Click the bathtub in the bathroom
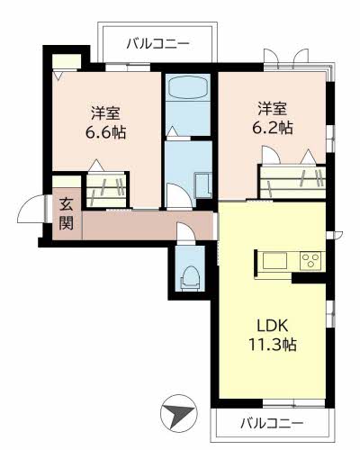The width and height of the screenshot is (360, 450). [188, 86]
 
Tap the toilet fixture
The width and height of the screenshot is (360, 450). [190, 278]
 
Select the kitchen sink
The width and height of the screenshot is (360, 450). [274, 261]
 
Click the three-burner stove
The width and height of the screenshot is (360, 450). [311, 260]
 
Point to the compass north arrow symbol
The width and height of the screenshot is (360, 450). [178, 413]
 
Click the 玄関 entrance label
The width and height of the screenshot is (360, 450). [66, 214]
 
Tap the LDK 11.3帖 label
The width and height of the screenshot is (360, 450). [273, 335]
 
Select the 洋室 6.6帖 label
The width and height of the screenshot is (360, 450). [105, 123]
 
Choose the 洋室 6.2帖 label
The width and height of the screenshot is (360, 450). [273, 118]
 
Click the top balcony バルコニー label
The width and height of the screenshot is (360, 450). [157, 44]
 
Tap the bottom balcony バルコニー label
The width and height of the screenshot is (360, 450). [272, 424]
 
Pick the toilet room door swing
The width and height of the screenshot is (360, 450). [185, 231]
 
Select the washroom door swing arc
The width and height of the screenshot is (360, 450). [178, 195]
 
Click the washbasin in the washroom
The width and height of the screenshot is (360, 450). [203, 184]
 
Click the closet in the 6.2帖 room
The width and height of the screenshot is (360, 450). [293, 182]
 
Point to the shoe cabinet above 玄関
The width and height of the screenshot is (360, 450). [67, 182]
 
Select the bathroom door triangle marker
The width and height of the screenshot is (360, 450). [172, 131]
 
